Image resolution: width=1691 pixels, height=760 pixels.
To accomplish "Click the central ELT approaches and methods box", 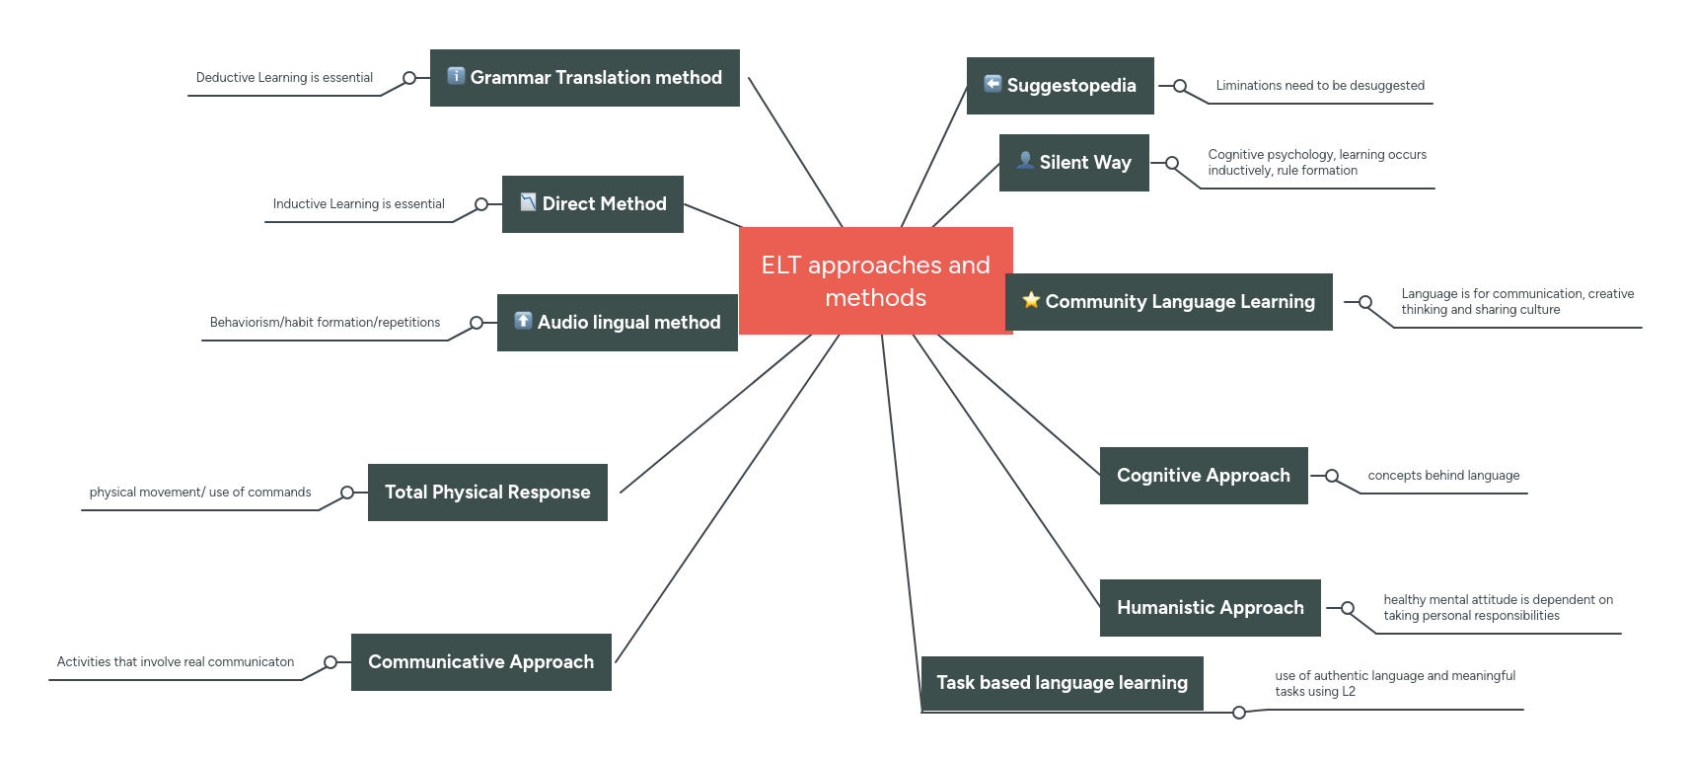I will pos(875,281).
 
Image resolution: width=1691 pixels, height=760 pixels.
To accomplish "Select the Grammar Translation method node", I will pos(585,78).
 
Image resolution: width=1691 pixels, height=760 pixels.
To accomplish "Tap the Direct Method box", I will pos(593,204).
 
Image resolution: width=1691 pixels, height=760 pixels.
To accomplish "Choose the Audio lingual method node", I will pos(618,323).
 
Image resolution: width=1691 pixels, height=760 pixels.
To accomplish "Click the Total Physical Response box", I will pos(487,493).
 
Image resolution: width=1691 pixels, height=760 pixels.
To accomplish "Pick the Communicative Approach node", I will pos(480,662).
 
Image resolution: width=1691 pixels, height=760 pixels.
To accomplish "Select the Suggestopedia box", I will pos(1061,86).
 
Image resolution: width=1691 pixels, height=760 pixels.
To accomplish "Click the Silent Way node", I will pos(1074,163).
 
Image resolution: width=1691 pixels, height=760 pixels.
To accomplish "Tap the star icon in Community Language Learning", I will pos(1031,300).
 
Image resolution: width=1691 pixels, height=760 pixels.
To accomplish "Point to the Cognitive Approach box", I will pos(1204,476).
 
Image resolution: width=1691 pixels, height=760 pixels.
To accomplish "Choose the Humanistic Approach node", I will pos(1211,608).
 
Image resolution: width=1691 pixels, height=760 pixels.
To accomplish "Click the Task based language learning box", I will pos(1062,683).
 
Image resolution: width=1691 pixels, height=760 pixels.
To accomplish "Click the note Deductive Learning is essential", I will pos(284,78).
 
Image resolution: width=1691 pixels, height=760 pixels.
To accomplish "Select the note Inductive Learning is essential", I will pos(358,204).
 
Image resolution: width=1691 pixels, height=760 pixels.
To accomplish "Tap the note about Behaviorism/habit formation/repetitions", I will pos(325,323).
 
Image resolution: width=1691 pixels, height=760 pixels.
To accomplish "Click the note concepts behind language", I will pos(1443,476).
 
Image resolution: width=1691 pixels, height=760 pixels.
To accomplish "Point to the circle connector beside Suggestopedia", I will pos(1180,86).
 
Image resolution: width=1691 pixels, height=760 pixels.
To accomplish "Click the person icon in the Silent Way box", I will pos(1025,160).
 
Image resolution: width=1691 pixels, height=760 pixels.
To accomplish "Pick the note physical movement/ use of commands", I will pos(200,493).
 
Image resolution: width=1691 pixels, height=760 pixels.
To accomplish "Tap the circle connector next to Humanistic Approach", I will pos(1348,608).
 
